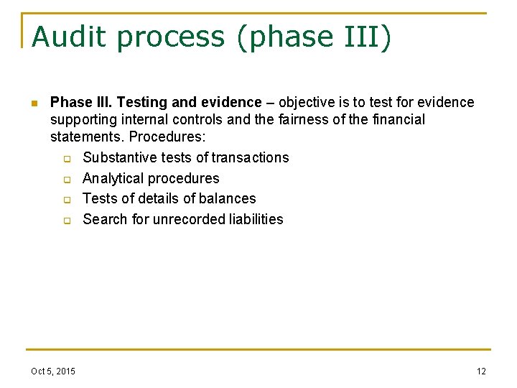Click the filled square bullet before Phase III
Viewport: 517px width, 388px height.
click(33, 103)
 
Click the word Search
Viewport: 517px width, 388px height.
click(106, 219)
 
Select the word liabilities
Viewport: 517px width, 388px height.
click(255, 219)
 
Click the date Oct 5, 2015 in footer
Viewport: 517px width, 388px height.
click(52, 371)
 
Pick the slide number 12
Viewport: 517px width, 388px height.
click(481, 371)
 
